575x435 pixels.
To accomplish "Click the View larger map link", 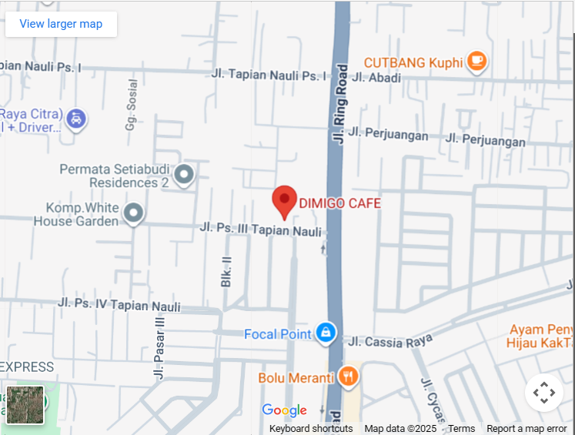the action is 61,24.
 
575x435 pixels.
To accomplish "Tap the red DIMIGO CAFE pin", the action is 285,202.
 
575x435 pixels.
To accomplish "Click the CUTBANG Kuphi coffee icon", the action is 477,61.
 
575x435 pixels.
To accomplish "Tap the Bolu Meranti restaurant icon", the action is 349,376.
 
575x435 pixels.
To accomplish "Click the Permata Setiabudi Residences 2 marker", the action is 184,175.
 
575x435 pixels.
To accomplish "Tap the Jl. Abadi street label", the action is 376,77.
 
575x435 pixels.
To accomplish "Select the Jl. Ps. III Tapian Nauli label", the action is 260,229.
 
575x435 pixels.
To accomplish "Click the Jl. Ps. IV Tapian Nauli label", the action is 119,305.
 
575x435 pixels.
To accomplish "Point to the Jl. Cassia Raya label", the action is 390,340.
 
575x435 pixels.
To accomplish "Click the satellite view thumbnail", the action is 25,405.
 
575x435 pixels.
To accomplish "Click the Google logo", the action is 284,410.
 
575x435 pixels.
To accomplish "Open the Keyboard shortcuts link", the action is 311,429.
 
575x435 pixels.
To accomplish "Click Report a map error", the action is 527,429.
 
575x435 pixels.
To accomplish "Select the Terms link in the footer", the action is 462,429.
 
